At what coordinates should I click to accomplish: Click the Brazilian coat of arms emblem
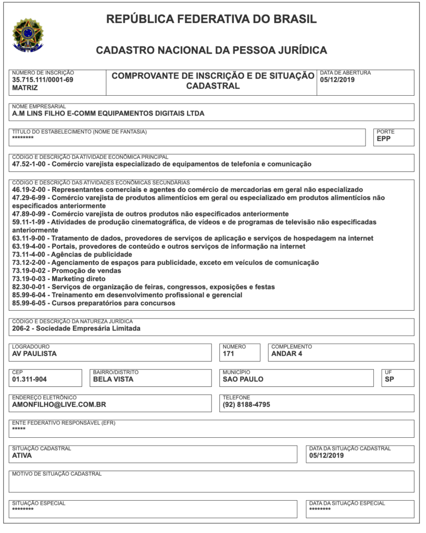(x=28, y=35)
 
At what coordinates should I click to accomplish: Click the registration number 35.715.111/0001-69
(x=43, y=80)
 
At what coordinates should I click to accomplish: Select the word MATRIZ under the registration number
(x=25, y=88)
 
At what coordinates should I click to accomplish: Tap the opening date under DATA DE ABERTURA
(x=337, y=80)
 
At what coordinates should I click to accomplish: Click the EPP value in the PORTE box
(x=384, y=139)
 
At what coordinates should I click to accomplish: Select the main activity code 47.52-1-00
(x=29, y=164)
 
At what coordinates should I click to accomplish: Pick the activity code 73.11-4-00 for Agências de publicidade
(x=29, y=255)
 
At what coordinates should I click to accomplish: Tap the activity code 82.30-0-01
(x=29, y=287)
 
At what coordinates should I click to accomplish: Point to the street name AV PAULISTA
(x=34, y=354)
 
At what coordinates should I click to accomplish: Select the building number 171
(x=229, y=354)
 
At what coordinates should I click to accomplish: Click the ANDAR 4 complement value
(x=287, y=354)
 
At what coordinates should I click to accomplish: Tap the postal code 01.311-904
(x=29, y=379)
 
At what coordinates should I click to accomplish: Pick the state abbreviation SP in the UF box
(x=389, y=379)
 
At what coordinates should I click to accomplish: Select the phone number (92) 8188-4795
(x=246, y=404)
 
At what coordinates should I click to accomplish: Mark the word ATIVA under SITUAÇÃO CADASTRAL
(x=22, y=455)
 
